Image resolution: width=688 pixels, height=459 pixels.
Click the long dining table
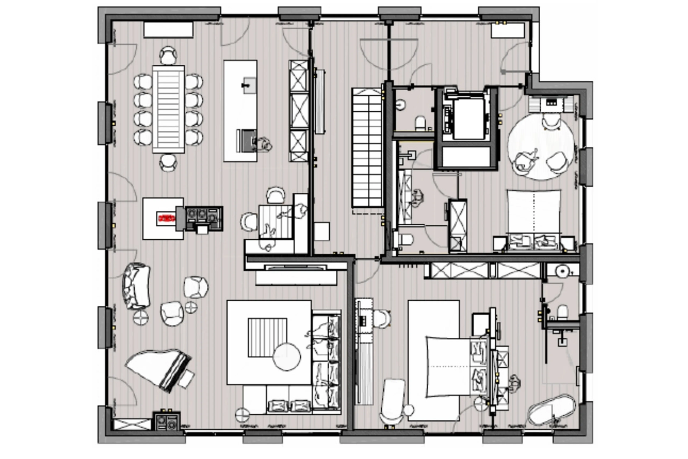(168, 109)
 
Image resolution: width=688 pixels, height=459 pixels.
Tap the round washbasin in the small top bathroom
(401, 105)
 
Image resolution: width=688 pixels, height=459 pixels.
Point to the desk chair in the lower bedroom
(382, 319)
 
